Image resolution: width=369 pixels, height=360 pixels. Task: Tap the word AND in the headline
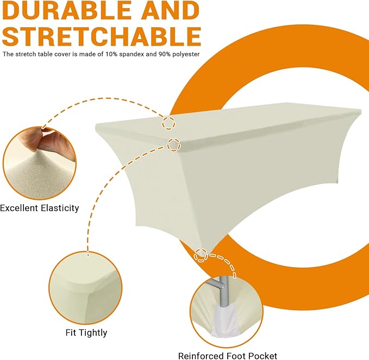tap(171, 10)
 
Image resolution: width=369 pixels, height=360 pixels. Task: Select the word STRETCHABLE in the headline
tap(102, 36)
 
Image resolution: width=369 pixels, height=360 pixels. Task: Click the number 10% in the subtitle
tap(111, 54)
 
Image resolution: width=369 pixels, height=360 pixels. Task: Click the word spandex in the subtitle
tap(132, 54)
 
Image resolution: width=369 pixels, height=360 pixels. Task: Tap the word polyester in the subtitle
tap(186, 54)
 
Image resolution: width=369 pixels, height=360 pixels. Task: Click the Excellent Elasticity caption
tap(40, 208)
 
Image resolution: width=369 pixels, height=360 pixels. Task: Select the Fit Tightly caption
tap(86, 333)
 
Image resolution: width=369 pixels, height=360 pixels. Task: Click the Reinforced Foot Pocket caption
tap(228, 356)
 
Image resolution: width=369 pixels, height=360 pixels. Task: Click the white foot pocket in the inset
tap(223, 320)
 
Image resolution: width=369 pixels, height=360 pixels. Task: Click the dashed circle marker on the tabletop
tap(168, 123)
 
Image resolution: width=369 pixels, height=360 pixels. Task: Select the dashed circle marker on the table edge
tap(174, 144)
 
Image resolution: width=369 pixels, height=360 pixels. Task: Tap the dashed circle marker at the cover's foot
tap(201, 255)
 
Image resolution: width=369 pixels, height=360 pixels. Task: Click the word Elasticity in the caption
tap(60, 208)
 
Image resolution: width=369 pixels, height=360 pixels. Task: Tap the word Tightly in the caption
tap(93, 333)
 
